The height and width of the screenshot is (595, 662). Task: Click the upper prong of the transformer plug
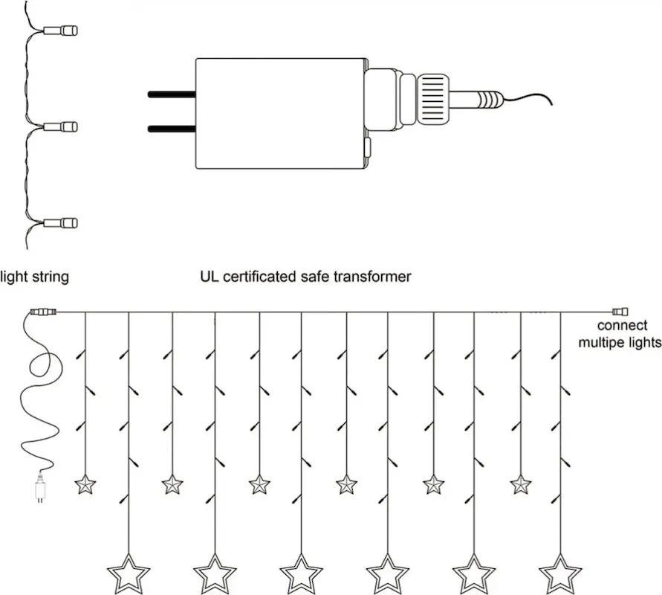click(x=172, y=94)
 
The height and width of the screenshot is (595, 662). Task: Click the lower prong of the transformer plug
click(x=172, y=129)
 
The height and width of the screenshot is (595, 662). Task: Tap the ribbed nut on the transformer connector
click(x=432, y=100)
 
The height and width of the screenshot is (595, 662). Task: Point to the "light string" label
click(x=34, y=277)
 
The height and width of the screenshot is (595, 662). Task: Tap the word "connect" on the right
click(x=622, y=326)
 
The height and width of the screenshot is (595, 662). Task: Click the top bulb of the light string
click(x=61, y=30)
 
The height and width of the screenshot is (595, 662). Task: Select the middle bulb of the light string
click(x=61, y=126)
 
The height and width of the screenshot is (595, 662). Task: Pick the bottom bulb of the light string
click(x=61, y=222)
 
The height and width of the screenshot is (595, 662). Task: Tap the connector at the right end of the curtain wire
click(x=620, y=312)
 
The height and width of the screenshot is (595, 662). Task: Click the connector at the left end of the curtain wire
click(x=43, y=312)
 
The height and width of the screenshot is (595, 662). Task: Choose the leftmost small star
click(x=85, y=485)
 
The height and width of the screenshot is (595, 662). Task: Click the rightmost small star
click(x=520, y=485)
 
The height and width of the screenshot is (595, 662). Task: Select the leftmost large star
click(x=129, y=575)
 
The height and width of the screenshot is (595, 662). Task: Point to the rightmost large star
click(x=560, y=575)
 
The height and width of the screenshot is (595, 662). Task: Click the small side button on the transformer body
click(x=367, y=147)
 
